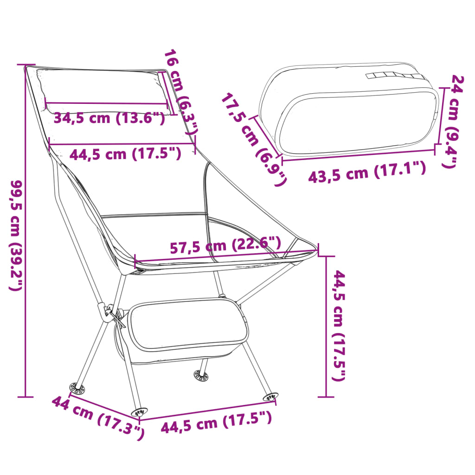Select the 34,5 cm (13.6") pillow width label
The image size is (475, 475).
pyautogui.click(x=109, y=118)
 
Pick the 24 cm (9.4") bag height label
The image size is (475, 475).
pyautogui.click(x=452, y=121)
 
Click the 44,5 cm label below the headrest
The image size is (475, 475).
pyautogui.click(x=125, y=153)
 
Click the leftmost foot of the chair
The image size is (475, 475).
pyautogui.click(x=76, y=387)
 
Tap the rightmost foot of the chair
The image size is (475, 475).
pyautogui.click(x=270, y=397)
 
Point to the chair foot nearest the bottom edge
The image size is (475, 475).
pyautogui.click(x=139, y=411)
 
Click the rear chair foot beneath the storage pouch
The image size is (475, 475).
pyautogui.click(x=201, y=375)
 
